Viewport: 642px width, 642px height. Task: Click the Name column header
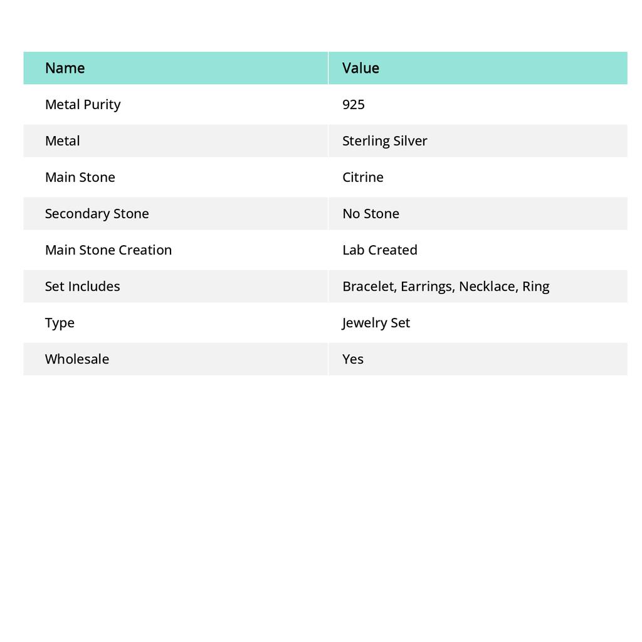click(65, 68)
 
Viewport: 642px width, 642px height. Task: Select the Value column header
click(360, 68)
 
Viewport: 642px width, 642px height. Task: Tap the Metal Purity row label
click(83, 105)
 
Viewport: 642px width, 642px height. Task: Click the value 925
click(354, 105)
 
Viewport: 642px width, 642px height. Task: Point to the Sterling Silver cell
click(384, 141)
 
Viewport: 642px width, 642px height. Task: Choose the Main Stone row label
click(80, 177)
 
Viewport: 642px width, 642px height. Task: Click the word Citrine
click(362, 177)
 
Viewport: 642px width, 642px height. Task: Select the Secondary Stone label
click(97, 214)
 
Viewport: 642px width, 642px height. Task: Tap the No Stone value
click(371, 214)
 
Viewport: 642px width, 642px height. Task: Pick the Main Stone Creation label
click(108, 250)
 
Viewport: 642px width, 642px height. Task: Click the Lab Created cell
click(379, 250)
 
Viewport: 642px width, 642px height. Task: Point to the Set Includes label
click(82, 287)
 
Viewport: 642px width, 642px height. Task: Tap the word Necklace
click(488, 287)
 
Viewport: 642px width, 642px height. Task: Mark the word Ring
click(535, 287)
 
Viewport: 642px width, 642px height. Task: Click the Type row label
click(60, 323)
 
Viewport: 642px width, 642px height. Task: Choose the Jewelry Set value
click(376, 323)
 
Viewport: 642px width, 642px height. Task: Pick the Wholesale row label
click(76, 359)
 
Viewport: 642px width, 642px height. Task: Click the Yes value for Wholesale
click(353, 359)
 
